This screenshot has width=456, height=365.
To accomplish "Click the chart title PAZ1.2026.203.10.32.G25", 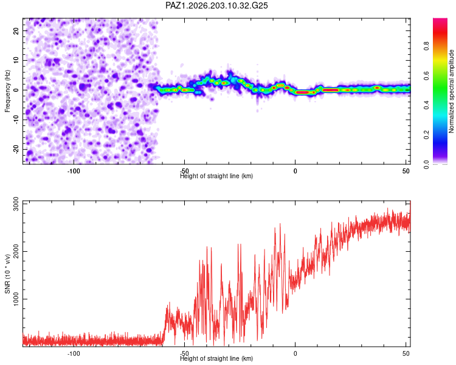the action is point(216,5).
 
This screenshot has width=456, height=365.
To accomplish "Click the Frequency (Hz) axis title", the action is point(7,91).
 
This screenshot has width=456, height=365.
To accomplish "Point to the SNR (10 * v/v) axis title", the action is point(7,274).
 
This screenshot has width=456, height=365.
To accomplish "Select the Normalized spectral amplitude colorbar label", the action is point(451,91).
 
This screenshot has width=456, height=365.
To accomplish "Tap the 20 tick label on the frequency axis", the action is point(16,30).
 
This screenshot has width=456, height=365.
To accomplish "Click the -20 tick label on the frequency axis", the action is point(16,148).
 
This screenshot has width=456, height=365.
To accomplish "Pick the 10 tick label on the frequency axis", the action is point(16,60).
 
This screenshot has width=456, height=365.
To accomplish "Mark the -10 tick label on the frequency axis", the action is point(16,119).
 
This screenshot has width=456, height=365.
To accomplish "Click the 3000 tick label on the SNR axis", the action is point(16,204).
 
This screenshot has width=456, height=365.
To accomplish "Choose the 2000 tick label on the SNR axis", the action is point(16,251).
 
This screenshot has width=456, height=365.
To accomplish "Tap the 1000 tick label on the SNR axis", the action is point(16,299).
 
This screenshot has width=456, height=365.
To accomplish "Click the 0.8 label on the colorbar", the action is point(426,46).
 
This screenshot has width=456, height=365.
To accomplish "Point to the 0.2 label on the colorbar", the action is point(426,134).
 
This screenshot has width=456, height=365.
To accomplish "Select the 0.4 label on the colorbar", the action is point(426,105).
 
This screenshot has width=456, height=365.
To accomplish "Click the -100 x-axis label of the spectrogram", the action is point(74,171).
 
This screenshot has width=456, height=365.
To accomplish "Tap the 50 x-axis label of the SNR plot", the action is point(406,353).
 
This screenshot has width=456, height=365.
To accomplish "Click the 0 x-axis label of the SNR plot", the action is point(295,353).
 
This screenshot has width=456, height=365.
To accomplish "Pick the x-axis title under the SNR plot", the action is point(216,358).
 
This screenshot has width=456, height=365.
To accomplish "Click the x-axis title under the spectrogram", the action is point(216,176).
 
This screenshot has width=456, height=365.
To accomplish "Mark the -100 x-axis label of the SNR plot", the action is point(74,353).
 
